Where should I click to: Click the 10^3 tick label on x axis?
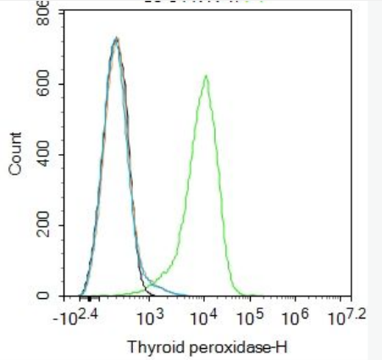click(149, 317)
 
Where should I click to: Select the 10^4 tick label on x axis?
click(202, 317)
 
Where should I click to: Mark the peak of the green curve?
click(205, 76)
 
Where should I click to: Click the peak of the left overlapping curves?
click(116, 38)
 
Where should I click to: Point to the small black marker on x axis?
click(89, 297)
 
